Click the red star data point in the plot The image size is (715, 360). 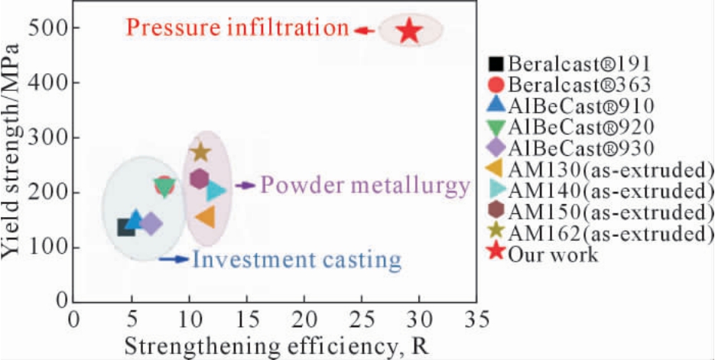tap(410, 31)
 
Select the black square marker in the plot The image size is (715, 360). tap(126, 227)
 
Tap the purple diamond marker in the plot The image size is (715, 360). tap(151, 224)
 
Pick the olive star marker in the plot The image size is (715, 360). tap(200, 151)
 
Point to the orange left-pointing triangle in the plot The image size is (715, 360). tap(205, 216)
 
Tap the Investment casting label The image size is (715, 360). tap(297, 260)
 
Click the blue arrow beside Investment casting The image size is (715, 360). tap(174, 259)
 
